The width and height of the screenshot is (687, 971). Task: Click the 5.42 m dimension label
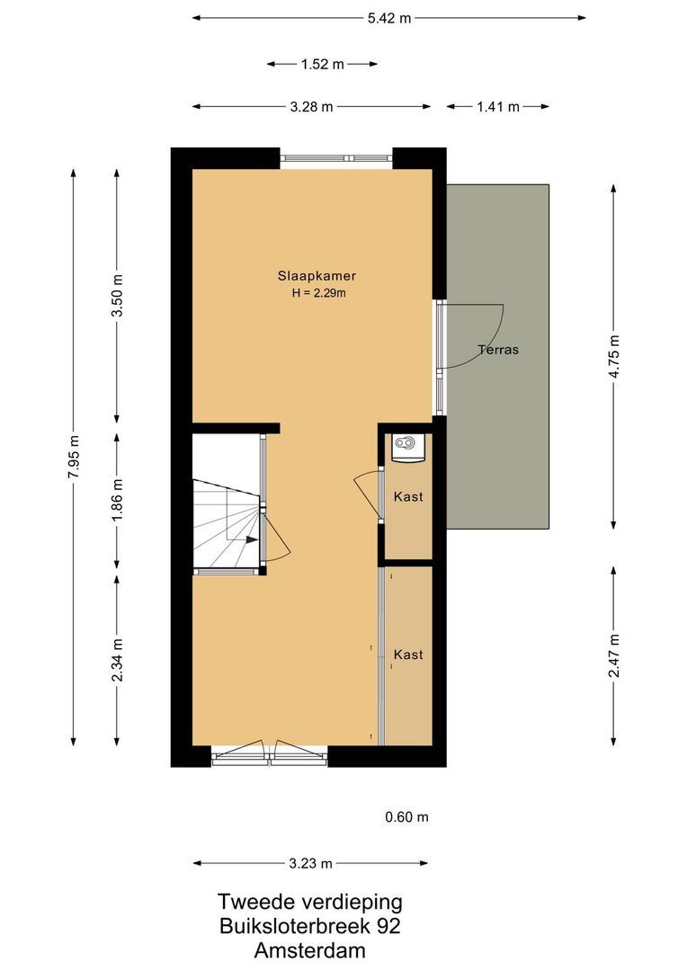coord(388,18)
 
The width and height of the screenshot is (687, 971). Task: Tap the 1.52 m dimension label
coord(322,64)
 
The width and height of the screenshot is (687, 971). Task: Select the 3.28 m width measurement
coord(311,107)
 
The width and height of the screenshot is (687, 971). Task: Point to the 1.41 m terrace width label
coord(498,107)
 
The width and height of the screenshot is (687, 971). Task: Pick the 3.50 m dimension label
coord(117,294)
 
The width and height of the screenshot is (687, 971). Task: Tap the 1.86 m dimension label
coord(117,500)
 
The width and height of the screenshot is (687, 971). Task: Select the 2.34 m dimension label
coord(117,660)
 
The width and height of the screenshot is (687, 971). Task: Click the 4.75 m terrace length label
coord(614,356)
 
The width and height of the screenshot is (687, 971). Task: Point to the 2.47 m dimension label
coord(614,656)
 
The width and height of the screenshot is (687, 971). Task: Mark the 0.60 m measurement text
coord(406,817)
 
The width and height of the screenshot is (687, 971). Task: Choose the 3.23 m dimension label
coord(311,864)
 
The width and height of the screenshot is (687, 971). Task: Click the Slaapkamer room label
coord(310,276)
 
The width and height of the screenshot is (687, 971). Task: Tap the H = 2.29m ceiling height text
coord(310,293)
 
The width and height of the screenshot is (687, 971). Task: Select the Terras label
coord(498,350)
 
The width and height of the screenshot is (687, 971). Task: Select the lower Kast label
coord(408,655)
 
